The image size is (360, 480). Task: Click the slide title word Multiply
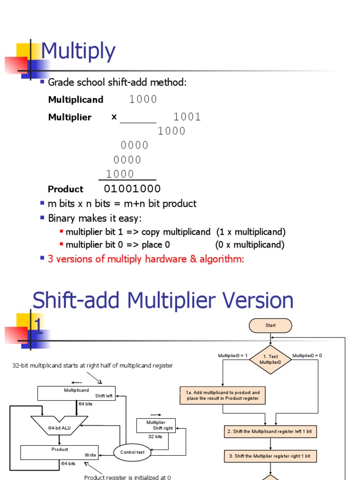click(x=78, y=52)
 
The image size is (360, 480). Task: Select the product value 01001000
click(x=132, y=189)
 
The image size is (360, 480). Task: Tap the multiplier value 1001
click(x=187, y=117)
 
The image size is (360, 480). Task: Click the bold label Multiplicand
click(x=75, y=99)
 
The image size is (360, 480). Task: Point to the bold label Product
click(x=65, y=189)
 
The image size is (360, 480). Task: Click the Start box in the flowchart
click(x=270, y=325)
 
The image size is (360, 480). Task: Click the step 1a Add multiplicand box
click(x=223, y=395)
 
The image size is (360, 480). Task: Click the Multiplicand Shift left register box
click(x=76, y=393)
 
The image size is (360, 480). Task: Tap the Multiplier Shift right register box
click(x=156, y=425)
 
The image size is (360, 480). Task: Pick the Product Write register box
click(x=60, y=452)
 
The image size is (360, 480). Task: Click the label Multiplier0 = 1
click(x=232, y=356)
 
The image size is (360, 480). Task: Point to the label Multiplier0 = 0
click(x=307, y=356)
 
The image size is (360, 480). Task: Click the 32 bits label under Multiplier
click(x=155, y=436)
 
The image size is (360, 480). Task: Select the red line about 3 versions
click(x=146, y=259)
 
